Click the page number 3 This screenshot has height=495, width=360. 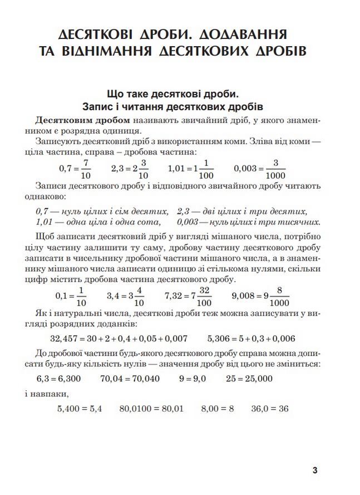point(314,471)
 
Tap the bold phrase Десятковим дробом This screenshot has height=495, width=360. point(82,120)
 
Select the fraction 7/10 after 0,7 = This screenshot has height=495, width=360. point(85,167)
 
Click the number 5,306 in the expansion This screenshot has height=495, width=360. point(219,338)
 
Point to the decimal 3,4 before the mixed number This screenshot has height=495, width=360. point(114,295)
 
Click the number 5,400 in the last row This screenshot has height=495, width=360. point(70,408)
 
